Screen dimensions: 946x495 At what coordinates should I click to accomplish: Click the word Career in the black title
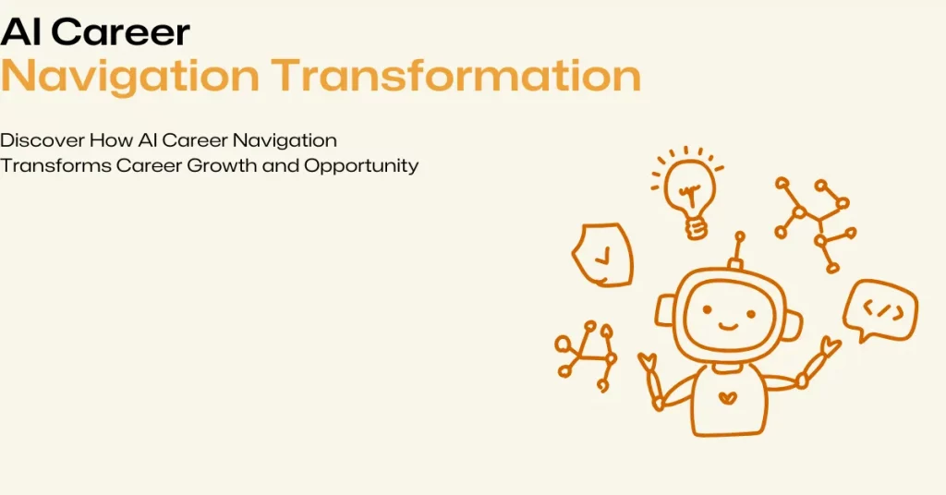click(x=120, y=32)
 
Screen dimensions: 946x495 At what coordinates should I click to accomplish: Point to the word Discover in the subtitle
click(x=42, y=140)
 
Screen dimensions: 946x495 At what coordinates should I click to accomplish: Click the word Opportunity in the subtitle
click(x=361, y=166)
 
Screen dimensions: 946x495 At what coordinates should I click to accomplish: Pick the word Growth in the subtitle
click(x=222, y=165)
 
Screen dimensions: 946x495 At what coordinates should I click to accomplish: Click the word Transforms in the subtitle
click(x=55, y=165)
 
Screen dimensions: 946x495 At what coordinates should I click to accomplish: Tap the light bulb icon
click(x=686, y=192)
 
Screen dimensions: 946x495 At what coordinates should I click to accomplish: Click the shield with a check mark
click(x=602, y=255)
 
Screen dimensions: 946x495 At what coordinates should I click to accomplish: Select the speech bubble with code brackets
click(x=880, y=310)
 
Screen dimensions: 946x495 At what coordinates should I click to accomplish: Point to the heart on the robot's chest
click(x=728, y=398)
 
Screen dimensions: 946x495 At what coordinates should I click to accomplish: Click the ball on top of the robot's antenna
click(x=740, y=237)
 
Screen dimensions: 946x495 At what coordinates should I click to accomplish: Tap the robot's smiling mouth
click(x=729, y=326)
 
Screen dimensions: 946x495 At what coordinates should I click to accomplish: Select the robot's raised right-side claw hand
click(x=831, y=346)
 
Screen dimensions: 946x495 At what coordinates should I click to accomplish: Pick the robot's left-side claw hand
click(x=648, y=361)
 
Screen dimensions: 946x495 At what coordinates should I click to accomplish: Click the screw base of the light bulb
click(x=697, y=227)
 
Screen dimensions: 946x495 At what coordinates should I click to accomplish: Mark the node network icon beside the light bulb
click(x=816, y=224)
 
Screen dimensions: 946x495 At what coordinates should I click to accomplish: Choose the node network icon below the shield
click(x=586, y=356)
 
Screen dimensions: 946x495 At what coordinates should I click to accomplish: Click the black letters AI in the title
click(x=20, y=32)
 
